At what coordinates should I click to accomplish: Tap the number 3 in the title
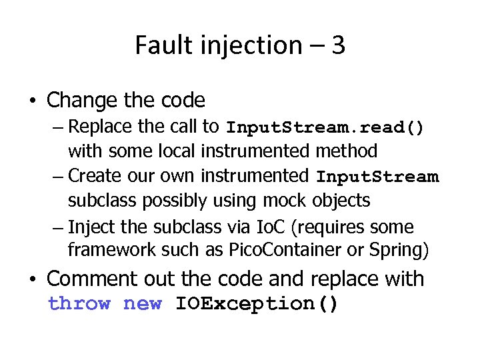pos(338,45)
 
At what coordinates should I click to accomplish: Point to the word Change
pos(83,101)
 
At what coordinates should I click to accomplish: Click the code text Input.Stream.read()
pos(325,127)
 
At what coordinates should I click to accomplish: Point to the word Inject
pos(89,227)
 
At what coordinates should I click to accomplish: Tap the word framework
pos(111,251)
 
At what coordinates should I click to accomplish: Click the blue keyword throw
pos(79,304)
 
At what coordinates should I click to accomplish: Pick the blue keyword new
pos(143,304)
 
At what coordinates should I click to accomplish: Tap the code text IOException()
pos(257,304)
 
